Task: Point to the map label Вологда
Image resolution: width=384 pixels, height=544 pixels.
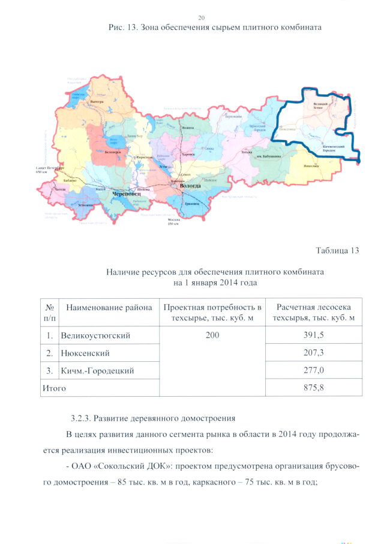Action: coord(187,187)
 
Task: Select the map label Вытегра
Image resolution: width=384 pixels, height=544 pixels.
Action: coord(97,102)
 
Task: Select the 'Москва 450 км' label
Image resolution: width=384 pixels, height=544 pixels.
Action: coord(174,222)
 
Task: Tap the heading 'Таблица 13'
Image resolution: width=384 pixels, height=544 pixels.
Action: coord(337,250)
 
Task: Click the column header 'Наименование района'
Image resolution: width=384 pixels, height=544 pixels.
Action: coord(109,308)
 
